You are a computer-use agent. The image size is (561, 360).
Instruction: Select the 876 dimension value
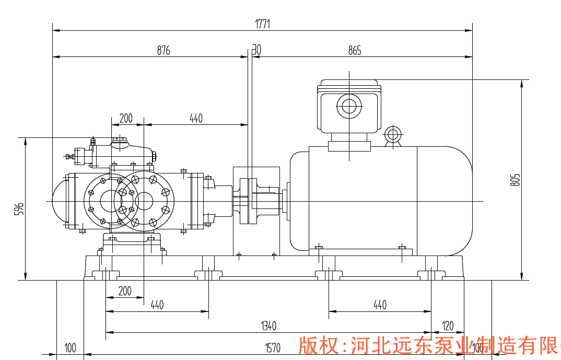(163, 50)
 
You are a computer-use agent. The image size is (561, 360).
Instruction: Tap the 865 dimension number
(355, 50)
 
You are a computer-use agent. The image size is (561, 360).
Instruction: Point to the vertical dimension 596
(19, 209)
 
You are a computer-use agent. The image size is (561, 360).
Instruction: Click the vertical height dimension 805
(516, 180)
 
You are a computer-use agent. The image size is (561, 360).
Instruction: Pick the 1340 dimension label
(268, 326)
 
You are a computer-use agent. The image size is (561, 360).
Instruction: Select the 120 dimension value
(448, 326)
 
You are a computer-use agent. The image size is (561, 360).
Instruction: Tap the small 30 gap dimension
(256, 50)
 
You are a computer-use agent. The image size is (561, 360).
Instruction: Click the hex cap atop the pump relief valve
(120, 139)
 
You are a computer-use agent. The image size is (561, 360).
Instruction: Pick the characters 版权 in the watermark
(317, 346)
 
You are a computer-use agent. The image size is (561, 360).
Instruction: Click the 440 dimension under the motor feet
(380, 305)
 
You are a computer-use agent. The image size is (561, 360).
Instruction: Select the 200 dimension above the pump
(126, 118)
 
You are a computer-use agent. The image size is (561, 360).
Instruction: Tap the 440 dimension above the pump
(195, 118)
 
